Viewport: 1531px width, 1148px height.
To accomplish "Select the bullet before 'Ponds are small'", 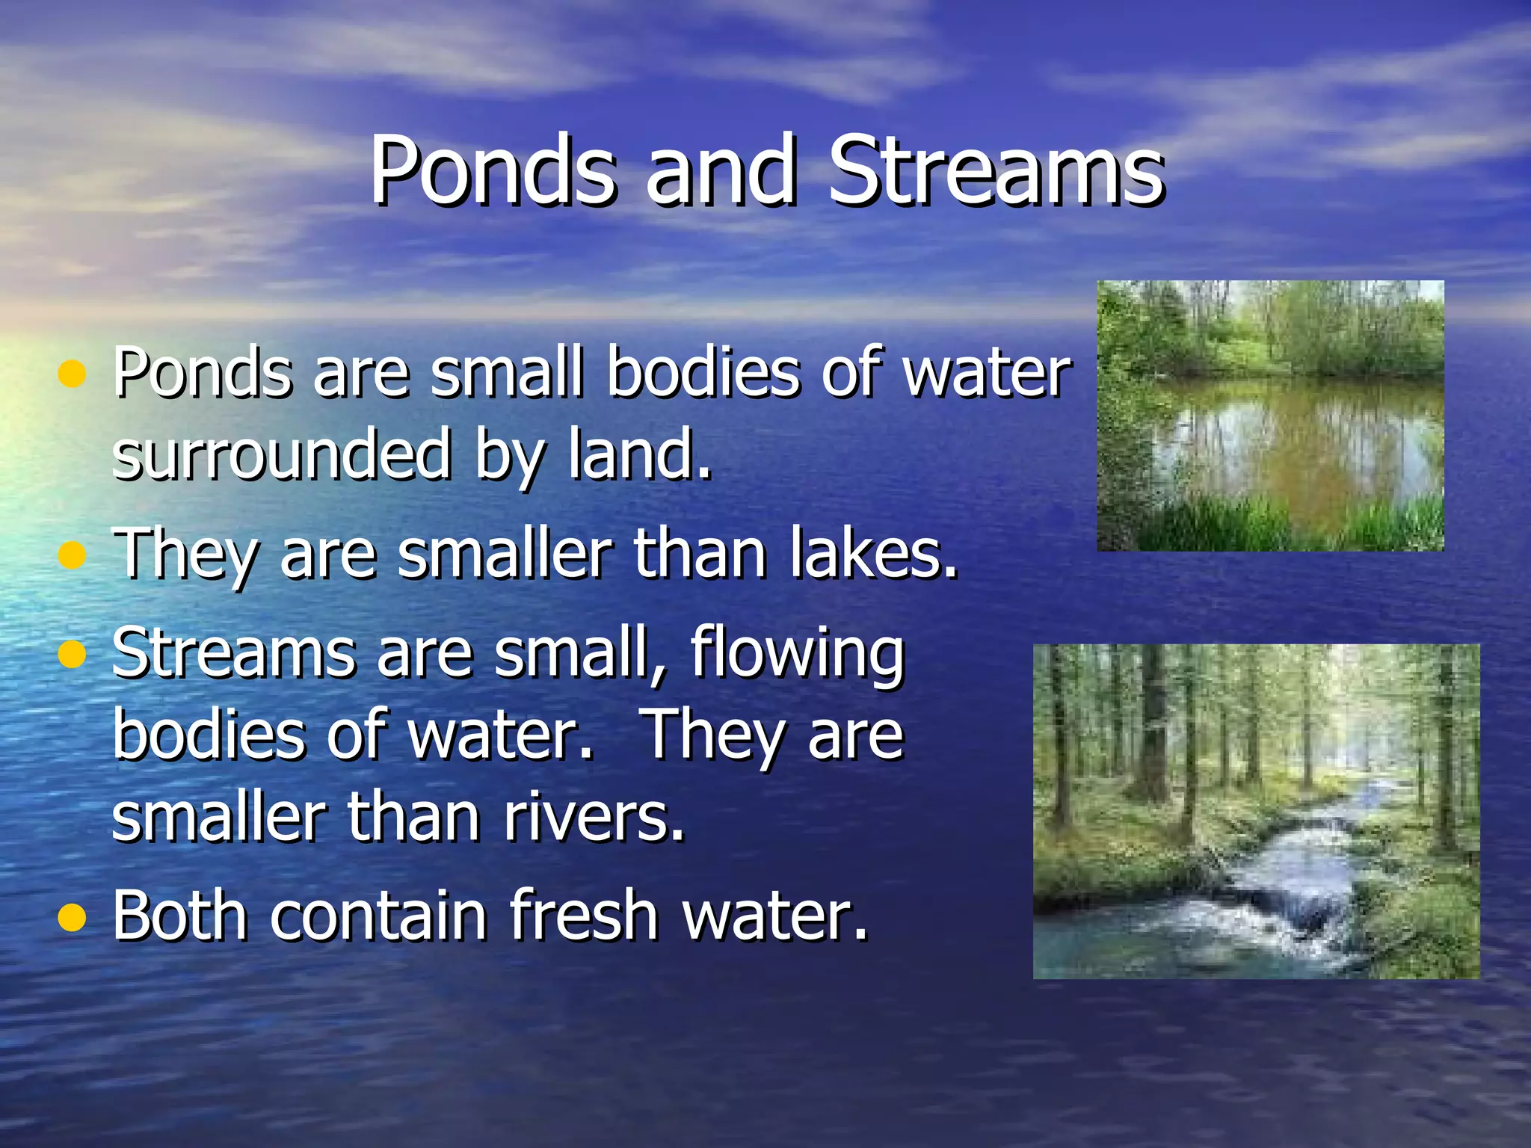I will click(x=72, y=373).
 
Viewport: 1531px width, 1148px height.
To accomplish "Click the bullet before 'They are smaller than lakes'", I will click(x=72, y=555).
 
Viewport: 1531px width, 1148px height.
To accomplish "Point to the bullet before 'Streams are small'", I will click(x=72, y=654).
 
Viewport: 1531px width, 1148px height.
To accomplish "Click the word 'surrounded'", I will click(x=281, y=454).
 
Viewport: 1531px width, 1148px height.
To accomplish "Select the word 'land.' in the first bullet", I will click(x=639, y=454).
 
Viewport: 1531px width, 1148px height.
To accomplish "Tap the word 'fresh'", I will click(x=583, y=915).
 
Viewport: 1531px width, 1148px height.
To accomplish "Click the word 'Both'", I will click(x=179, y=915).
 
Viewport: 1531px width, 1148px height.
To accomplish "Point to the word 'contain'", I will click(x=378, y=915).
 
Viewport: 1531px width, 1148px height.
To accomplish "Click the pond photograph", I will click(x=1270, y=416).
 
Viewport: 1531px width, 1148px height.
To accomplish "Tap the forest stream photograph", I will click(x=1256, y=811).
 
